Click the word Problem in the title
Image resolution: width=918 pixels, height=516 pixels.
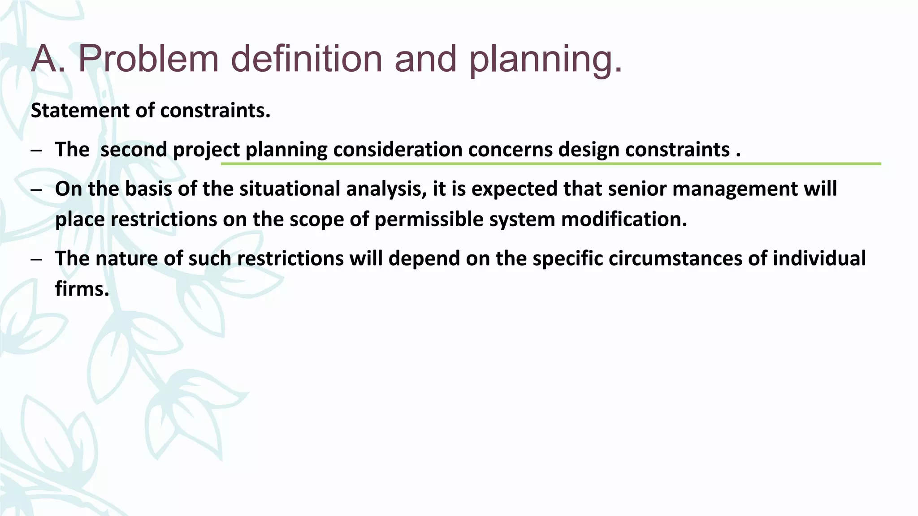[x=148, y=59]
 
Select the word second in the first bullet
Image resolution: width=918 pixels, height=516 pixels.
[x=134, y=150]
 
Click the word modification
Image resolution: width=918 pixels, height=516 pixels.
[x=624, y=219]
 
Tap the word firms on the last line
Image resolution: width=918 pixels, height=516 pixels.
[x=82, y=289]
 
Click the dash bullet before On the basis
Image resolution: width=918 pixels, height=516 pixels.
[x=36, y=190]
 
